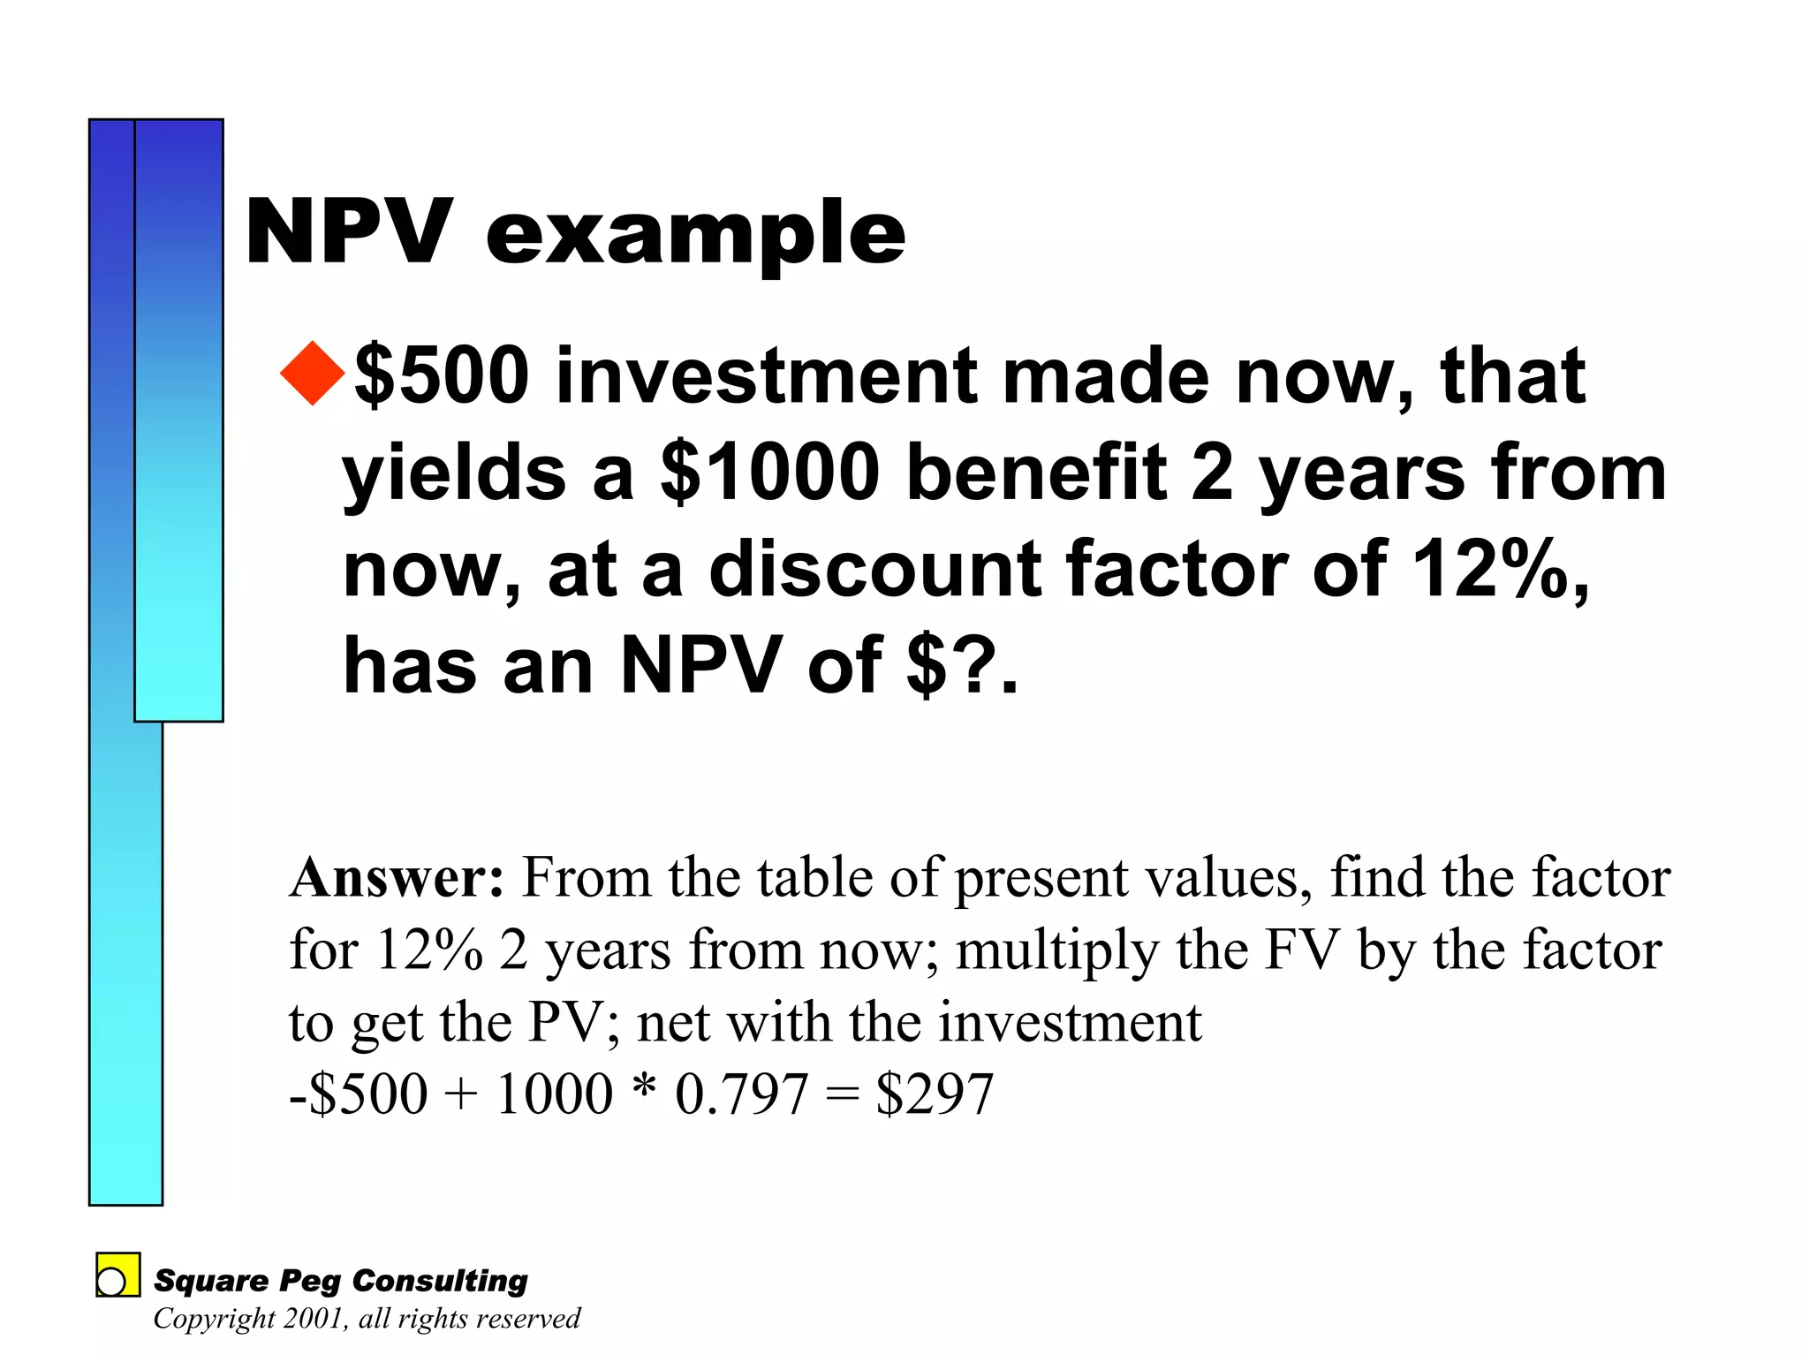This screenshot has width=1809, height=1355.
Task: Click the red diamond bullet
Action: (x=313, y=374)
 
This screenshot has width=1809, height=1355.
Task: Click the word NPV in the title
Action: (x=349, y=231)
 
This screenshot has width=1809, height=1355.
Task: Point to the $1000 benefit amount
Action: (x=769, y=473)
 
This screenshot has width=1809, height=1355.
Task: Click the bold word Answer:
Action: (x=397, y=879)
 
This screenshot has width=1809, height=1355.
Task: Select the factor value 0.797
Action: (x=741, y=1094)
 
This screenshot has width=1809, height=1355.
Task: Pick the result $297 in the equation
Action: (x=935, y=1094)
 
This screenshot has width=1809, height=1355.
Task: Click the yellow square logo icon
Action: (x=117, y=1275)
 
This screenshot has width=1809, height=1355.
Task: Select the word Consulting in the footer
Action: (x=439, y=1281)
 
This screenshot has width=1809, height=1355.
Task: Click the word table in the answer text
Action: (x=814, y=879)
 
